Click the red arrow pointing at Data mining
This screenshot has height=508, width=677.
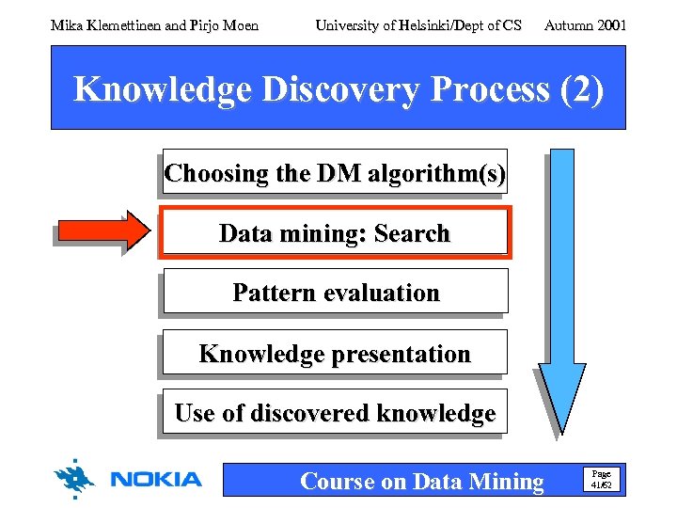102,231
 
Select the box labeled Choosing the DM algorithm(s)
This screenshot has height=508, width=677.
335,173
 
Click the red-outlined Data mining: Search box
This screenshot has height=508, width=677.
335,233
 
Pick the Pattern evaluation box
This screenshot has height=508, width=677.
335,293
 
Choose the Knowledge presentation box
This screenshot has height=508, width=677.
335,354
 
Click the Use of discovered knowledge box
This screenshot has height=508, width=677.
335,413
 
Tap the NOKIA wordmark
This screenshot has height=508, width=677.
156,480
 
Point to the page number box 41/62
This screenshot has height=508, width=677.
601,480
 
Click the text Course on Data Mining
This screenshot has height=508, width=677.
421,482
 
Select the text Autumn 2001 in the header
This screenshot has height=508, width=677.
585,25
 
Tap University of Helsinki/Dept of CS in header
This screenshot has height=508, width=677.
418,25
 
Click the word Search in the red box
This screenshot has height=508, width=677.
412,233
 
